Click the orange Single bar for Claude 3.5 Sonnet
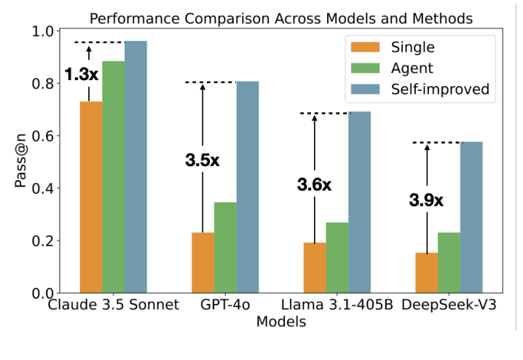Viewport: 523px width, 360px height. click(90, 197)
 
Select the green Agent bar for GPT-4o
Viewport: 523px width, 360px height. click(225, 247)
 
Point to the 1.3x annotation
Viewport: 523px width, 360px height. click(81, 74)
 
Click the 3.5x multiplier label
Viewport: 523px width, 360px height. click(202, 161)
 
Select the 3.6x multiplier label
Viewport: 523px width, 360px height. click(314, 184)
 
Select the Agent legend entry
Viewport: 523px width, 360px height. click(412, 69)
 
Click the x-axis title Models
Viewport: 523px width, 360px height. click(280, 321)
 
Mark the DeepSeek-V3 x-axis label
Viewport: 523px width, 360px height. click(449, 305)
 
